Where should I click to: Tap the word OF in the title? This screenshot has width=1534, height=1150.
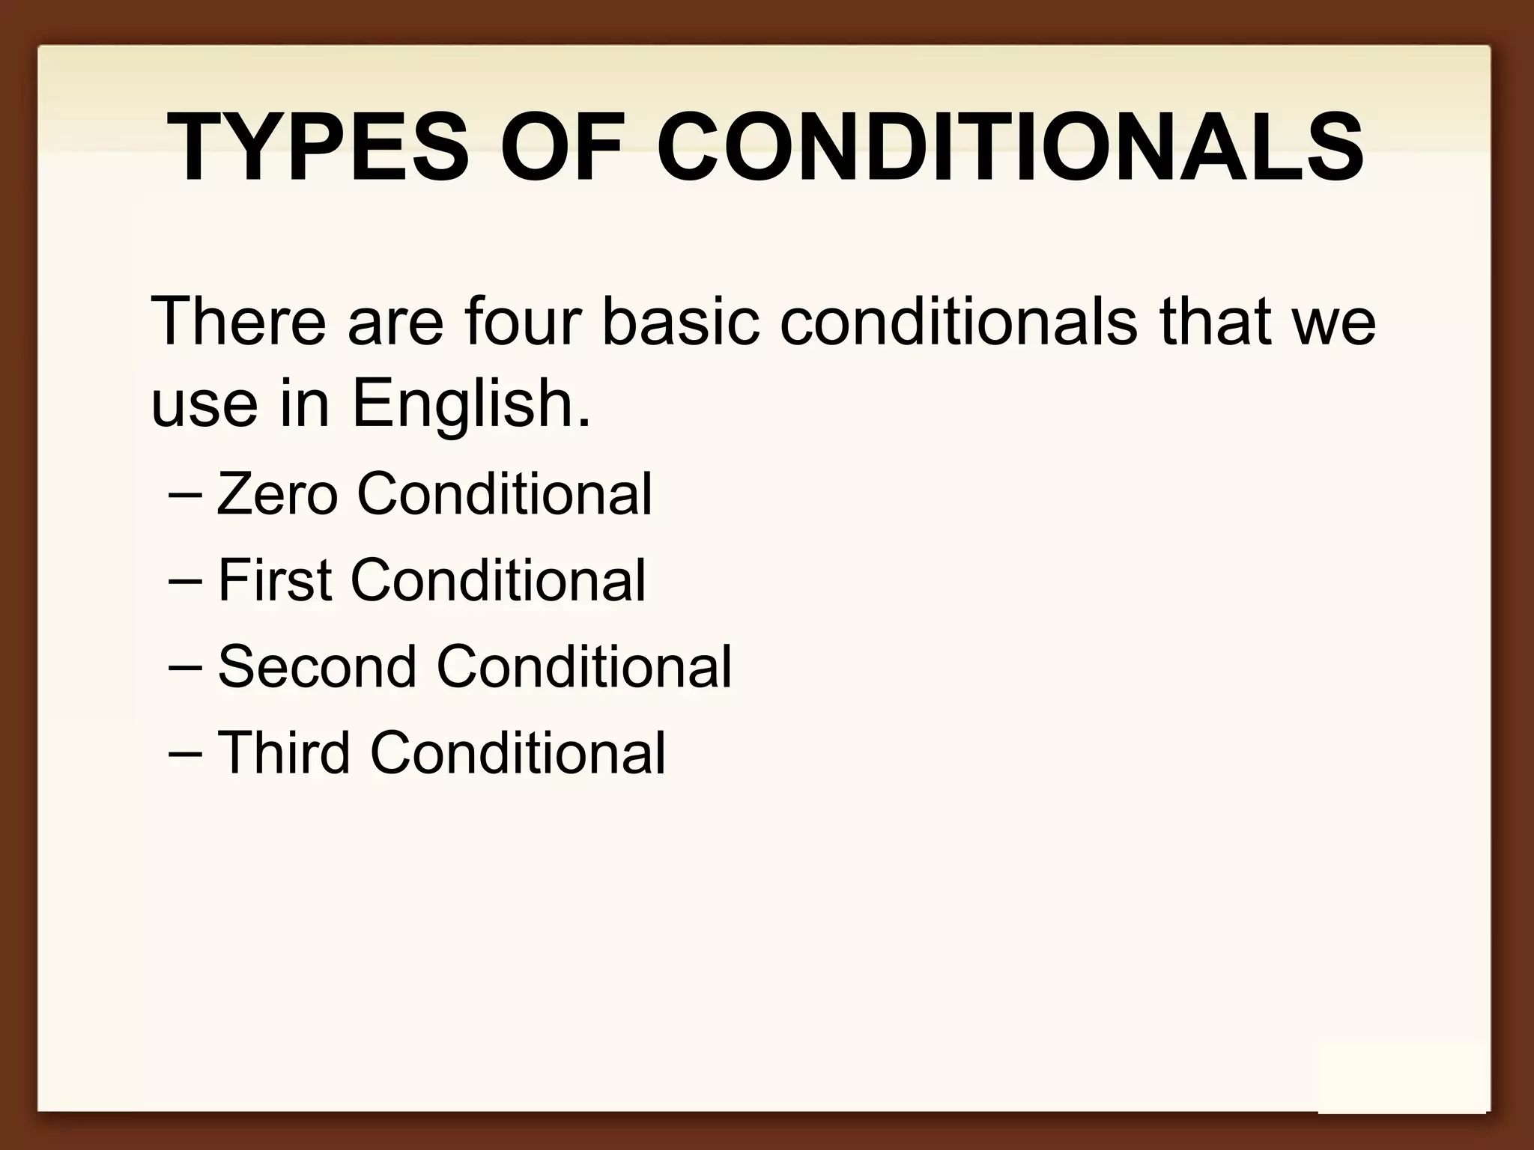[562, 147]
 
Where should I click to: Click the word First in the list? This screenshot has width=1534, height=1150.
[275, 580]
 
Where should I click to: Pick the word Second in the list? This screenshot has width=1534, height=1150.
[317, 666]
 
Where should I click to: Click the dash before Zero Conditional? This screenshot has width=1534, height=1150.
[185, 496]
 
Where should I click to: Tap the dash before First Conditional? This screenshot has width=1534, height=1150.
[185, 582]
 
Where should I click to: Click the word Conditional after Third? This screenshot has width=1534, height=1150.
[518, 752]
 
